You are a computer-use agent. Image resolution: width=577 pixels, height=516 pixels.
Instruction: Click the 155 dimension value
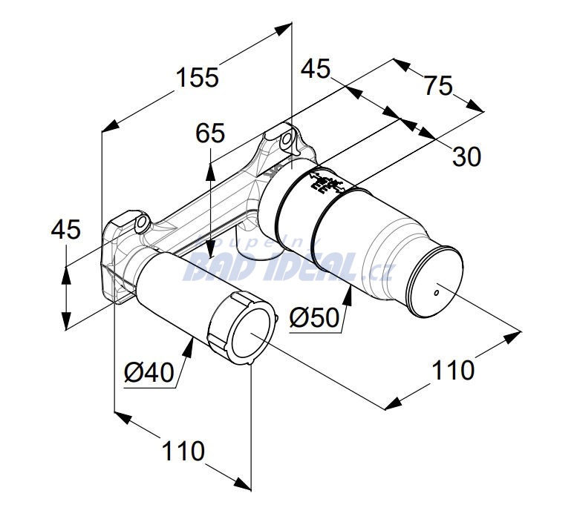point(198,76)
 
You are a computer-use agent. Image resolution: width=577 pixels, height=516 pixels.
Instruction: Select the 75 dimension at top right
point(438,86)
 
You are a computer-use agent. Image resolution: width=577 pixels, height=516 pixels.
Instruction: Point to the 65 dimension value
point(210,133)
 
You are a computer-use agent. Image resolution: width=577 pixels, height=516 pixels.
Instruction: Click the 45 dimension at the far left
point(65,230)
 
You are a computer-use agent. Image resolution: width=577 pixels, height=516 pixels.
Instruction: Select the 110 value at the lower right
point(453,368)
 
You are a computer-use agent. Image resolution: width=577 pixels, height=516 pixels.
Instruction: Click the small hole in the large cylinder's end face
point(436,293)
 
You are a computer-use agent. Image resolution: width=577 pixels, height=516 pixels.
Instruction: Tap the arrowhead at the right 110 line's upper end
point(513,337)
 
